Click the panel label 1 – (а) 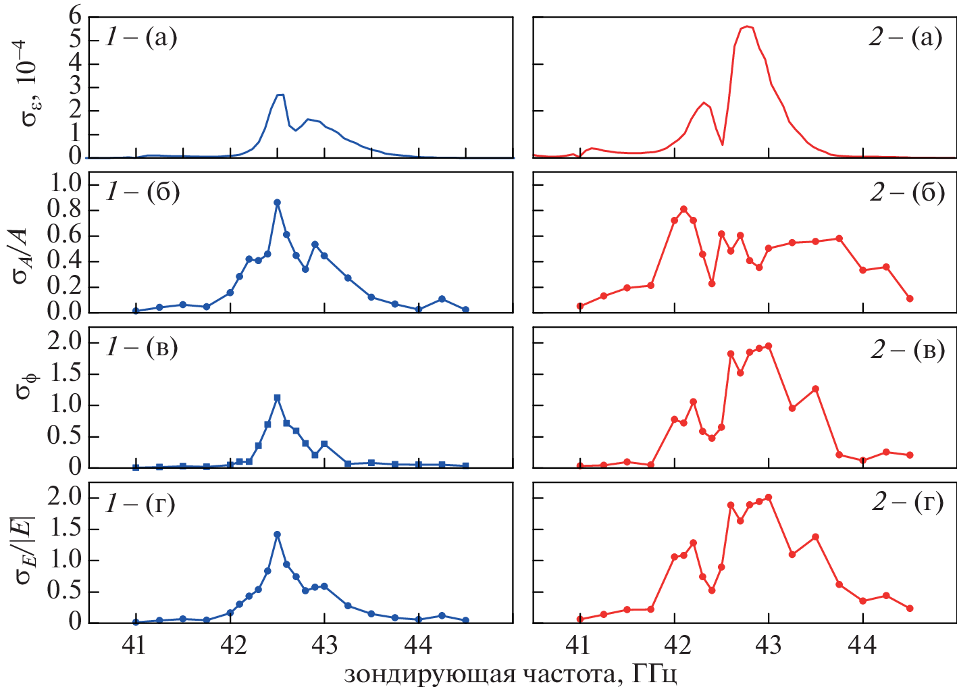pos(141,38)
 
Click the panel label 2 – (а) pos(905,38)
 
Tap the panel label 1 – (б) pos(143,193)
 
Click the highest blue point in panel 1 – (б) pos(277,202)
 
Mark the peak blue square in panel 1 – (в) pos(277,398)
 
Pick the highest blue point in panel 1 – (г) pos(277,534)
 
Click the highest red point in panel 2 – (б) pos(683,209)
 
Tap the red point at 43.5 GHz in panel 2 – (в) pos(815,388)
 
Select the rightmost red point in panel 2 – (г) pos(910,608)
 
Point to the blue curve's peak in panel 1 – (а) pos(280,95)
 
